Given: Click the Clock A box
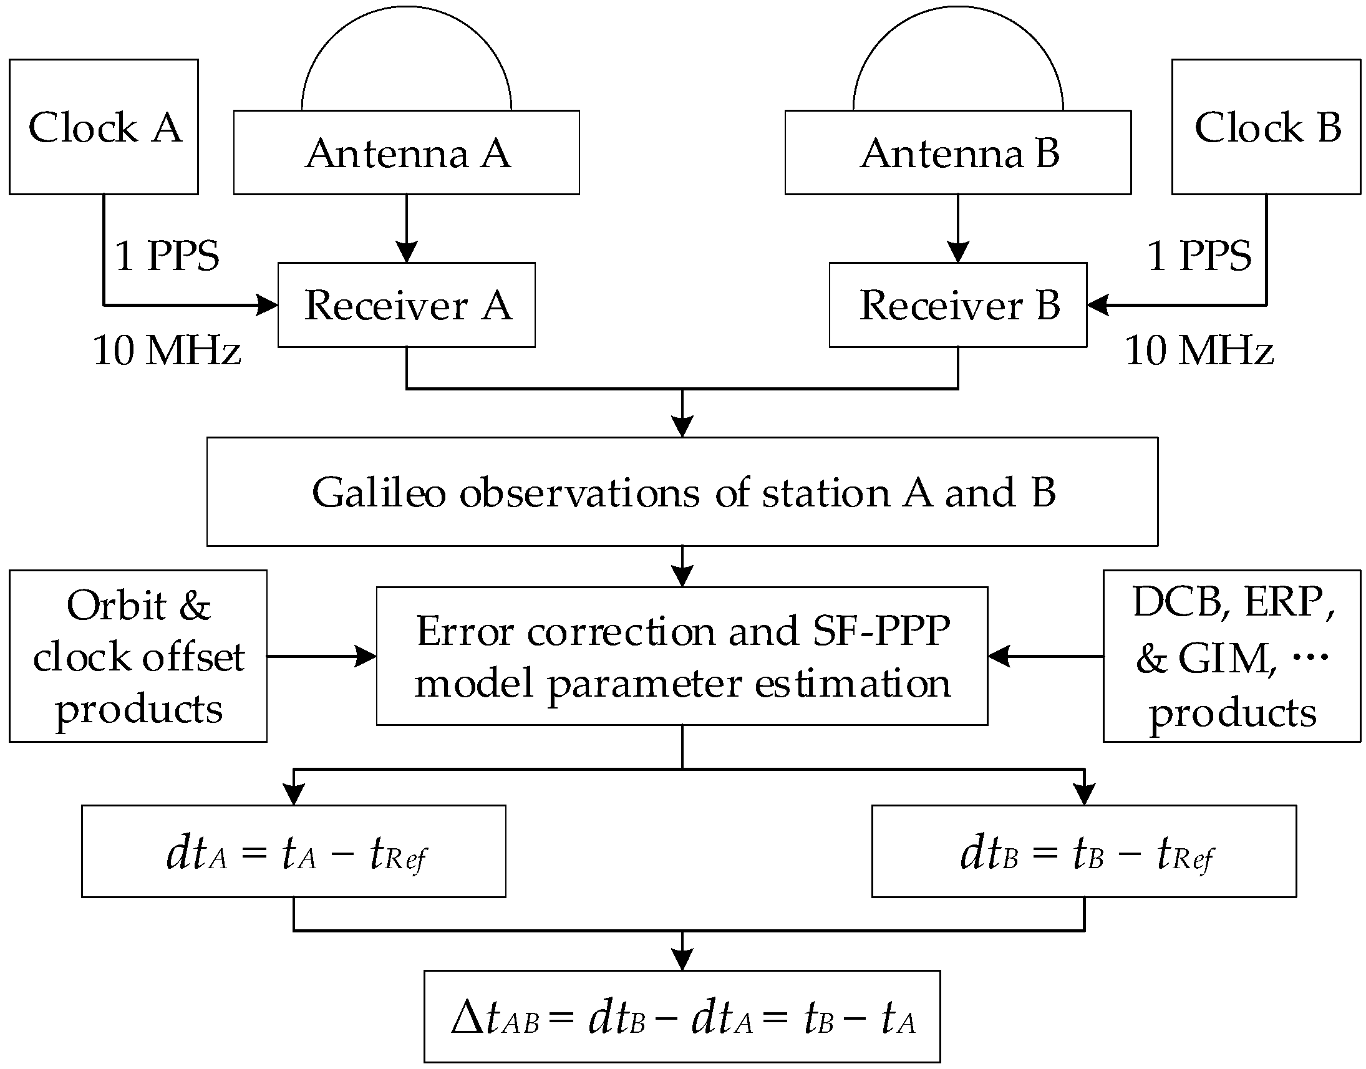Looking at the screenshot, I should pos(104,127).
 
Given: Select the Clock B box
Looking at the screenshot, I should pos(1266,127).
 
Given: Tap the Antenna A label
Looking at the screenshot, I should pos(407,153).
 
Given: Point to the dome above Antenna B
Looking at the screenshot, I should pos(958,56).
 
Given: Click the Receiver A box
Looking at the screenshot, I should pos(406,306).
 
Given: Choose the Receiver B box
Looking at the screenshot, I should pos(958,306).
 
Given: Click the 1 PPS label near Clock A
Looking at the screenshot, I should pos(167,256).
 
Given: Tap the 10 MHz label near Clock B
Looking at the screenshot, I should pos(1198,351).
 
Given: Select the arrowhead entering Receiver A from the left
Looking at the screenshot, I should pos(269,306).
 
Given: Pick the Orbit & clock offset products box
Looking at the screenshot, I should pos(138,657).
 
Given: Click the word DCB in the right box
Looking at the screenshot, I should pos(1178,602).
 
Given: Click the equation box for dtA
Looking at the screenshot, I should pos(294,852).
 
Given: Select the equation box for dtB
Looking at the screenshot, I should pos(1083,852).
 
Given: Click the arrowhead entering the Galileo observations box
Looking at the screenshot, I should pos(682,427).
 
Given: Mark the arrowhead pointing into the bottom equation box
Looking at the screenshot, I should pos(682,960).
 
